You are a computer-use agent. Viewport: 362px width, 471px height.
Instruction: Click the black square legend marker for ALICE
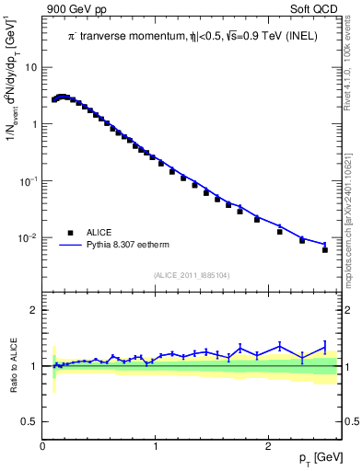click(70, 233)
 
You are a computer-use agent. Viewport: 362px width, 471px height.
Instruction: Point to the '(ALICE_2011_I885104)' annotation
click(192, 275)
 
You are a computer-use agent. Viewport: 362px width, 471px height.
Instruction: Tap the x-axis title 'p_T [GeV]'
click(318, 457)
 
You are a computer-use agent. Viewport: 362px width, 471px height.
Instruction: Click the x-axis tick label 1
click(156, 446)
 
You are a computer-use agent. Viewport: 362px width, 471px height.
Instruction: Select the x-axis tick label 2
click(268, 446)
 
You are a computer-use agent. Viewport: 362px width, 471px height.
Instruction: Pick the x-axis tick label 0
click(43, 446)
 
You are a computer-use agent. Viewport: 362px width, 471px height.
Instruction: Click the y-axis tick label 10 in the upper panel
click(30, 67)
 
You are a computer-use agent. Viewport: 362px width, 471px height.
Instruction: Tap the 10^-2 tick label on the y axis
click(29, 238)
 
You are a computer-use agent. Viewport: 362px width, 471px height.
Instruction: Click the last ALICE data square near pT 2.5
click(325, 249)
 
